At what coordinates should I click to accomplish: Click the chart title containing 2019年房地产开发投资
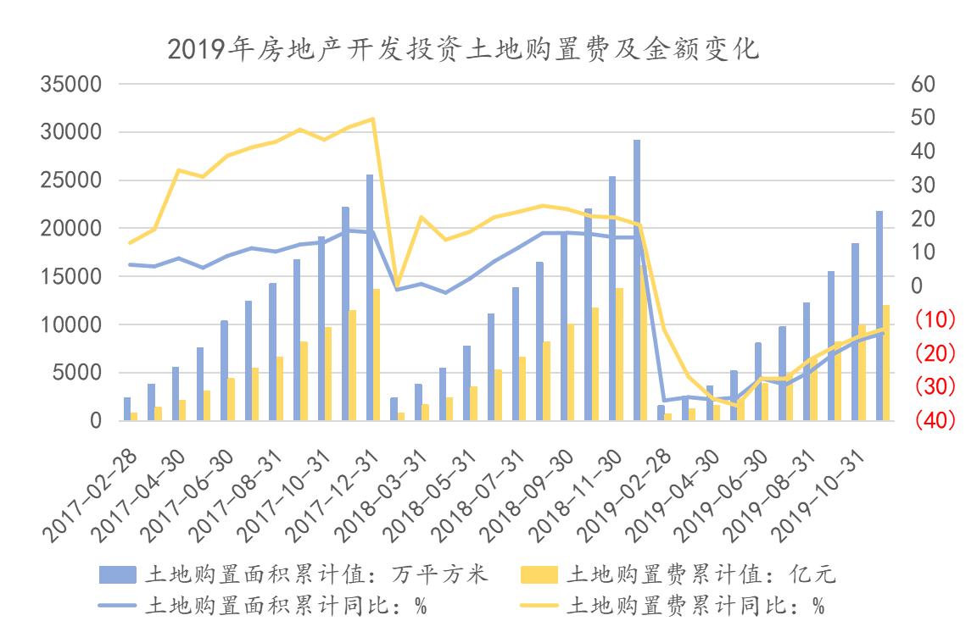pyautogui.click(x=463, y=50)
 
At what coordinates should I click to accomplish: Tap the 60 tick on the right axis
pyautogui.click(x=923, y=85)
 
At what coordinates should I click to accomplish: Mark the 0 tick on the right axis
pyautogui.click(x=916, y=286)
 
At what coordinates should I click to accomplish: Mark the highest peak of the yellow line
pyautogui.click(x=373, y=119)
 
